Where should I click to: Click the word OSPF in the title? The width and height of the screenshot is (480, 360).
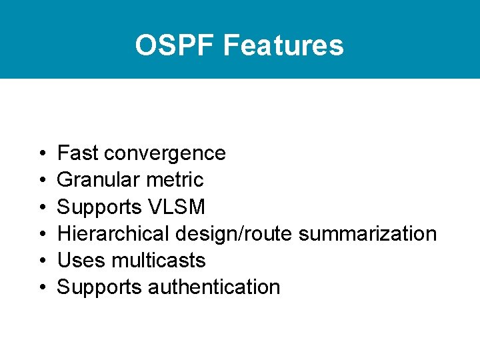(x=175, y=45)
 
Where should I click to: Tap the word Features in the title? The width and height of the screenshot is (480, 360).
(x=283, y=45)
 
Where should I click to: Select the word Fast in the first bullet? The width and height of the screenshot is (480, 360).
(x=78, y=153)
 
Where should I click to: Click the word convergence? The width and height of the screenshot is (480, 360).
(x=165, y=153)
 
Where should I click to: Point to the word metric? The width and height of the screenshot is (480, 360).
(x=177, y=180)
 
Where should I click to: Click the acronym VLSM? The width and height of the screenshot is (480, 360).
(x=177, y=207)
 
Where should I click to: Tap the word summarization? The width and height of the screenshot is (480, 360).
(x=367, y=234)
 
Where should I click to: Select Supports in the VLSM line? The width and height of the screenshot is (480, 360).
(x=99, y=207)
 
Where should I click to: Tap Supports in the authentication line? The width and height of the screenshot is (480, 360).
(x=99, y=287)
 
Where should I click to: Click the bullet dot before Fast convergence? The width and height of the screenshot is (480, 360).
(x=42, y=154)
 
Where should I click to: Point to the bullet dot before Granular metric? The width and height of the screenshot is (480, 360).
(x=42, y=181)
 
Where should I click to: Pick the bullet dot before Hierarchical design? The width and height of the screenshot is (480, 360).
(x=42, y=235)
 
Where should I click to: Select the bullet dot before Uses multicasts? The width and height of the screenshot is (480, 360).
(x=42, y=261)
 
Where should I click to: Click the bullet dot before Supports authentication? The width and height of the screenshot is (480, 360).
(x=42, y=288)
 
